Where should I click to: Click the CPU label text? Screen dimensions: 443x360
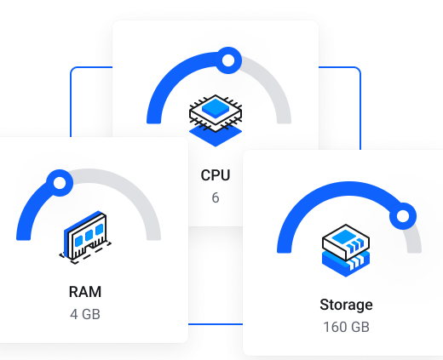point(216,175)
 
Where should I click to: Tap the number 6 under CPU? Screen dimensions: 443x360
point(216,197)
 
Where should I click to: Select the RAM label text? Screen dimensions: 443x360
point(85,292)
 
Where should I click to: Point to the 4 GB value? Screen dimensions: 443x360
point(85,314)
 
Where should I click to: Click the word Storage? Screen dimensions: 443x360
point(346,306)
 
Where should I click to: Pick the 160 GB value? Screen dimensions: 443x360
point(346,327)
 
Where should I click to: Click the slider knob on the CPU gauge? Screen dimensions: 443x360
point(228,60)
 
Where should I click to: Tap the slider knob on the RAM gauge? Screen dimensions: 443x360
point(60,183)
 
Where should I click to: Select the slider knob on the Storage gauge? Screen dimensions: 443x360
point(403,216)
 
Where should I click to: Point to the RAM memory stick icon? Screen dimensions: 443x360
point(85,237)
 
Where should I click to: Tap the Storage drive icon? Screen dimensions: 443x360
point(346,250)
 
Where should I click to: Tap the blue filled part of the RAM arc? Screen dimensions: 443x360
point(28,210)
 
